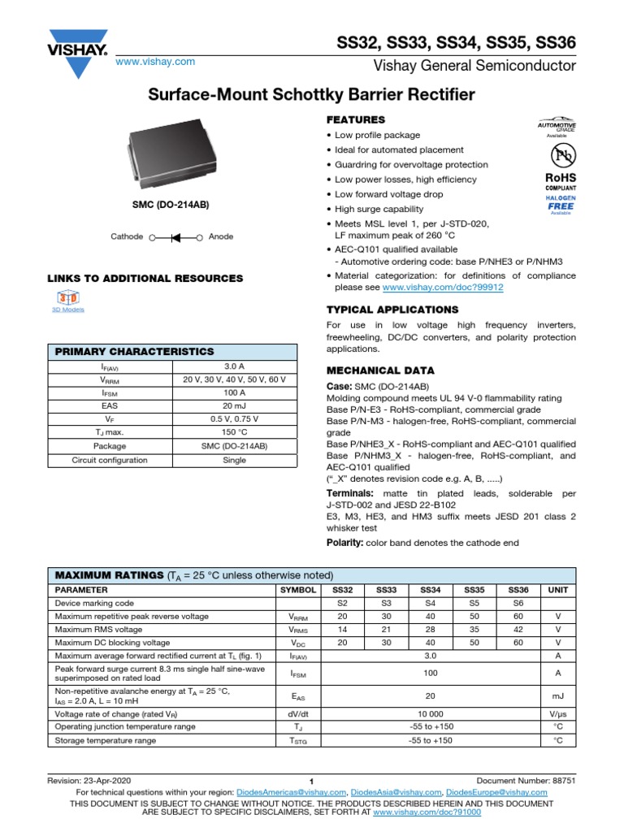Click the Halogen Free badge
pyautogui.click(x=561, y=204)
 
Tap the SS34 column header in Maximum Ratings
pyautogui.click(x=429, y=590)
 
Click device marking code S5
pyautogui.click(x=473, y=604)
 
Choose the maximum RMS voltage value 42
pyautogui.click(x=518, y=630)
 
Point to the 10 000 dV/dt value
pyautogui.click(x=430, y=713)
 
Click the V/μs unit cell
pyautogui.click(x=557, y=713)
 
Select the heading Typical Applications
pyautogui.click(x=392, y=310)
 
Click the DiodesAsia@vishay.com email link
pyautogui.click(x=396, y=792)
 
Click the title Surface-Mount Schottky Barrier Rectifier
pyautogui.click(x=311, y=95)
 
